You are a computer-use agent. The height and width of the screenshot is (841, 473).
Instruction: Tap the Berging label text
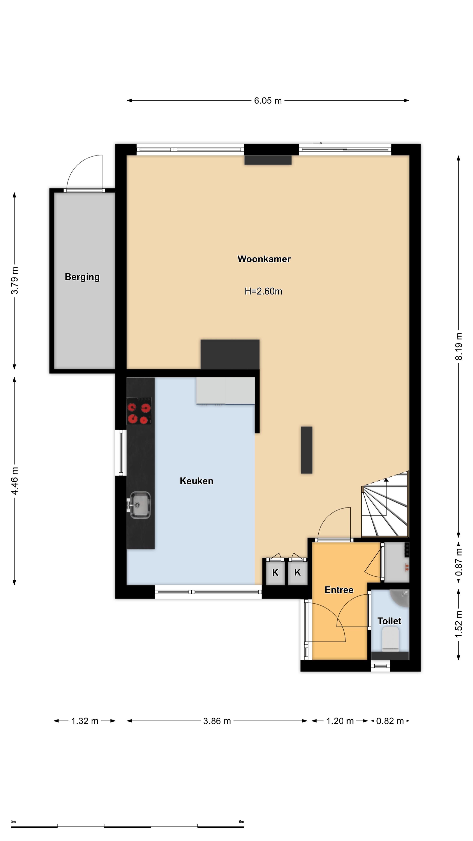click(82, 277)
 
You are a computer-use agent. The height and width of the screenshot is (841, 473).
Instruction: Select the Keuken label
click(196, 481)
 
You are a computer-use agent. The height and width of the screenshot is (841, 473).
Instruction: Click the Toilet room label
click(389, 621)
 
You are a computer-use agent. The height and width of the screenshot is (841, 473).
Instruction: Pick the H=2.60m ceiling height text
click(263, 291)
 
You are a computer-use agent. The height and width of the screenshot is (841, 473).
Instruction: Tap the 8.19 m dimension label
click(459, 346)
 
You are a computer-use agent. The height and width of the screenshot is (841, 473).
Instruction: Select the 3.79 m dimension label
click(15, 280)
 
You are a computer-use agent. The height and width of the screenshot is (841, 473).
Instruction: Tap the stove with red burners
click(139, 411)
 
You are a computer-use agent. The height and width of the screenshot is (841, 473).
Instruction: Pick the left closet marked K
click(275, 572)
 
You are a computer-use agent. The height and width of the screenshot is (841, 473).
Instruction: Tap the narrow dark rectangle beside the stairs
click(307, 450)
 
